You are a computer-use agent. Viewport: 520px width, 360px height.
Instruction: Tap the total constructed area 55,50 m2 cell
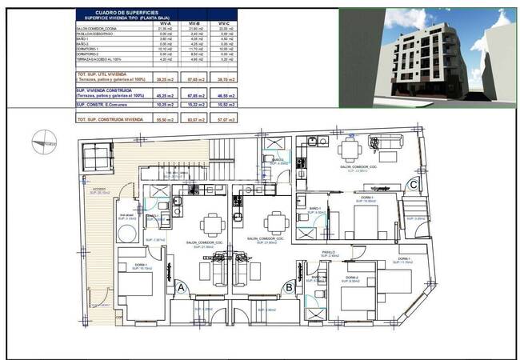[x=145, y=118]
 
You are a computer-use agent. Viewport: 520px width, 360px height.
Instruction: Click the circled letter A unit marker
[x=181, y=287]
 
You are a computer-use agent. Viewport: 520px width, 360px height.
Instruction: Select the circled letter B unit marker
[x=288, y=287]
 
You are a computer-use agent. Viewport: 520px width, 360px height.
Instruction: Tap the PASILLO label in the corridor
[x=328, y=251]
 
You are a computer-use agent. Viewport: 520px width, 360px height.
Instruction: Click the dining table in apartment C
[x=348, y=149]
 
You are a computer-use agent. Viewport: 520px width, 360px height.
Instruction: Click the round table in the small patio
[x=126, y=232]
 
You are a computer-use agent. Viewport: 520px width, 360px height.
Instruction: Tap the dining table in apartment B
[x=276, y=225]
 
